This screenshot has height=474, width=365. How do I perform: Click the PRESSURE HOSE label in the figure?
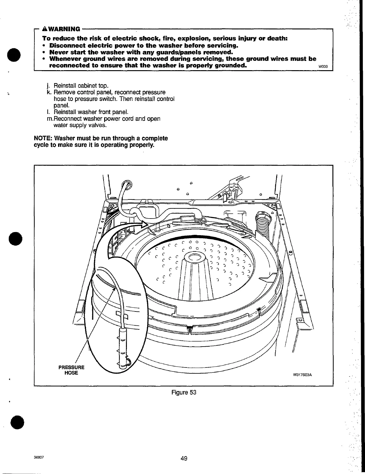click(71, 370)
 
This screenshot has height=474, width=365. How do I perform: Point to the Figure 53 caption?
click(184, 393)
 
